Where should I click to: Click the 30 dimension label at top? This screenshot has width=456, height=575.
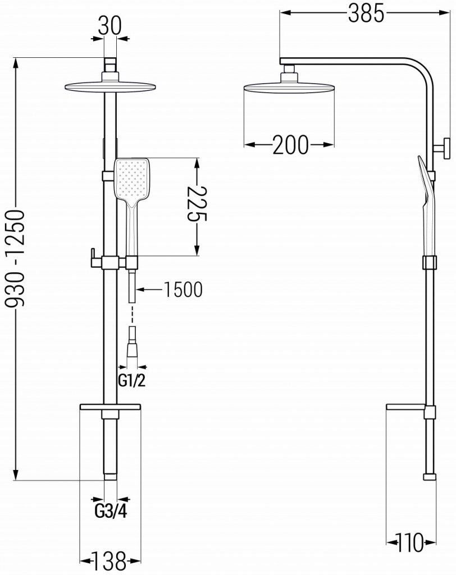pyautogui.click(x=110, y=26)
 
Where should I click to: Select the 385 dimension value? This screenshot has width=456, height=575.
pyautogui.click(x=366, y=14)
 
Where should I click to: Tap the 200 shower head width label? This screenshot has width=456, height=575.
pyautogui.click(x=290, y=145)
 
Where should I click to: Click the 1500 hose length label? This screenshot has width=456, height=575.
pyautogui.click(x=183, y=290)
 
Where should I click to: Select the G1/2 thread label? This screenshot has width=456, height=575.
pyautogui.click(x=132, y=381)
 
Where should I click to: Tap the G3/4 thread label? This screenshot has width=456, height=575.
pyautogui.click(x=110, y=512)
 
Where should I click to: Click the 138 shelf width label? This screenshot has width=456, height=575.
pyautogui.click(x=110, y=560)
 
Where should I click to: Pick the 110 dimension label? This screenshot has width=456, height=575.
pyautogui.click(x=411, y=543)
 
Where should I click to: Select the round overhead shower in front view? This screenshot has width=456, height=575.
pyautogui.click(x=110, y=87)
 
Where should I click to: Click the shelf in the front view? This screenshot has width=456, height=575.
pyautogui.click(x=110, y=407)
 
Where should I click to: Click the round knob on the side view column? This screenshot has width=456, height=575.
pyautogui.click(x=446, y=148)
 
